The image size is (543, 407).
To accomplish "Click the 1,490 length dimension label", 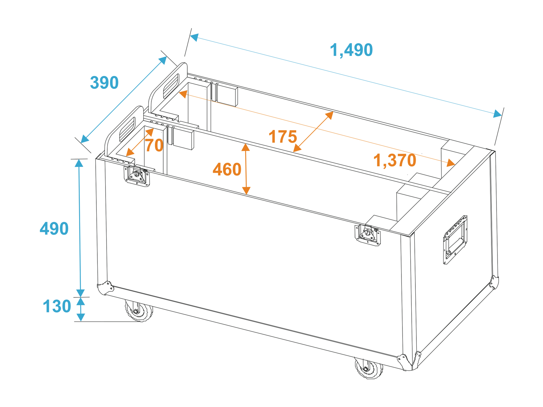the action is tap(351, 50).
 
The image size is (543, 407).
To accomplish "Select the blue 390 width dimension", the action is tap(104, 82).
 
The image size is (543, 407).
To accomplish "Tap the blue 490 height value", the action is tap(54, 229).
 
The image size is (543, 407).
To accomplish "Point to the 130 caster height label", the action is tap(57, 306).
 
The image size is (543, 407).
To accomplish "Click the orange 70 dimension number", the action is tap(154, 145).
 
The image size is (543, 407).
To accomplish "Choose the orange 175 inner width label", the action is tap(282, 136).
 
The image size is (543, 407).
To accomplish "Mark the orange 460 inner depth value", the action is tap(227, 169).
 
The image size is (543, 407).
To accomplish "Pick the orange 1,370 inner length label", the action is tap(395, 160).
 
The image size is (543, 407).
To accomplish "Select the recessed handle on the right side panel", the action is tap(455, 240).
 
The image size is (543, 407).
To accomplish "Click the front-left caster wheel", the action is tap(138, 311).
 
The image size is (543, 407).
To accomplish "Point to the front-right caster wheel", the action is tap(369, 368).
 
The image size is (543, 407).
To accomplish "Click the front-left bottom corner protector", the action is tap(105, 288).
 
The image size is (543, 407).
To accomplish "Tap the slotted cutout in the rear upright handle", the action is tap(171, 86).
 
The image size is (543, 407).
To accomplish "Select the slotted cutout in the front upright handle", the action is tap(127, 129).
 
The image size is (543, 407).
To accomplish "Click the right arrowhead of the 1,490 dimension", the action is tap(498, 114).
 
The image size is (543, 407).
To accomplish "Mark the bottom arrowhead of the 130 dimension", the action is tap(81, 318).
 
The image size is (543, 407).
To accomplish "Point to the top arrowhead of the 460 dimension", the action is tap(245, 147).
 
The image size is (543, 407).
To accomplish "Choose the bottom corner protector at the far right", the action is tap(494, 282).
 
